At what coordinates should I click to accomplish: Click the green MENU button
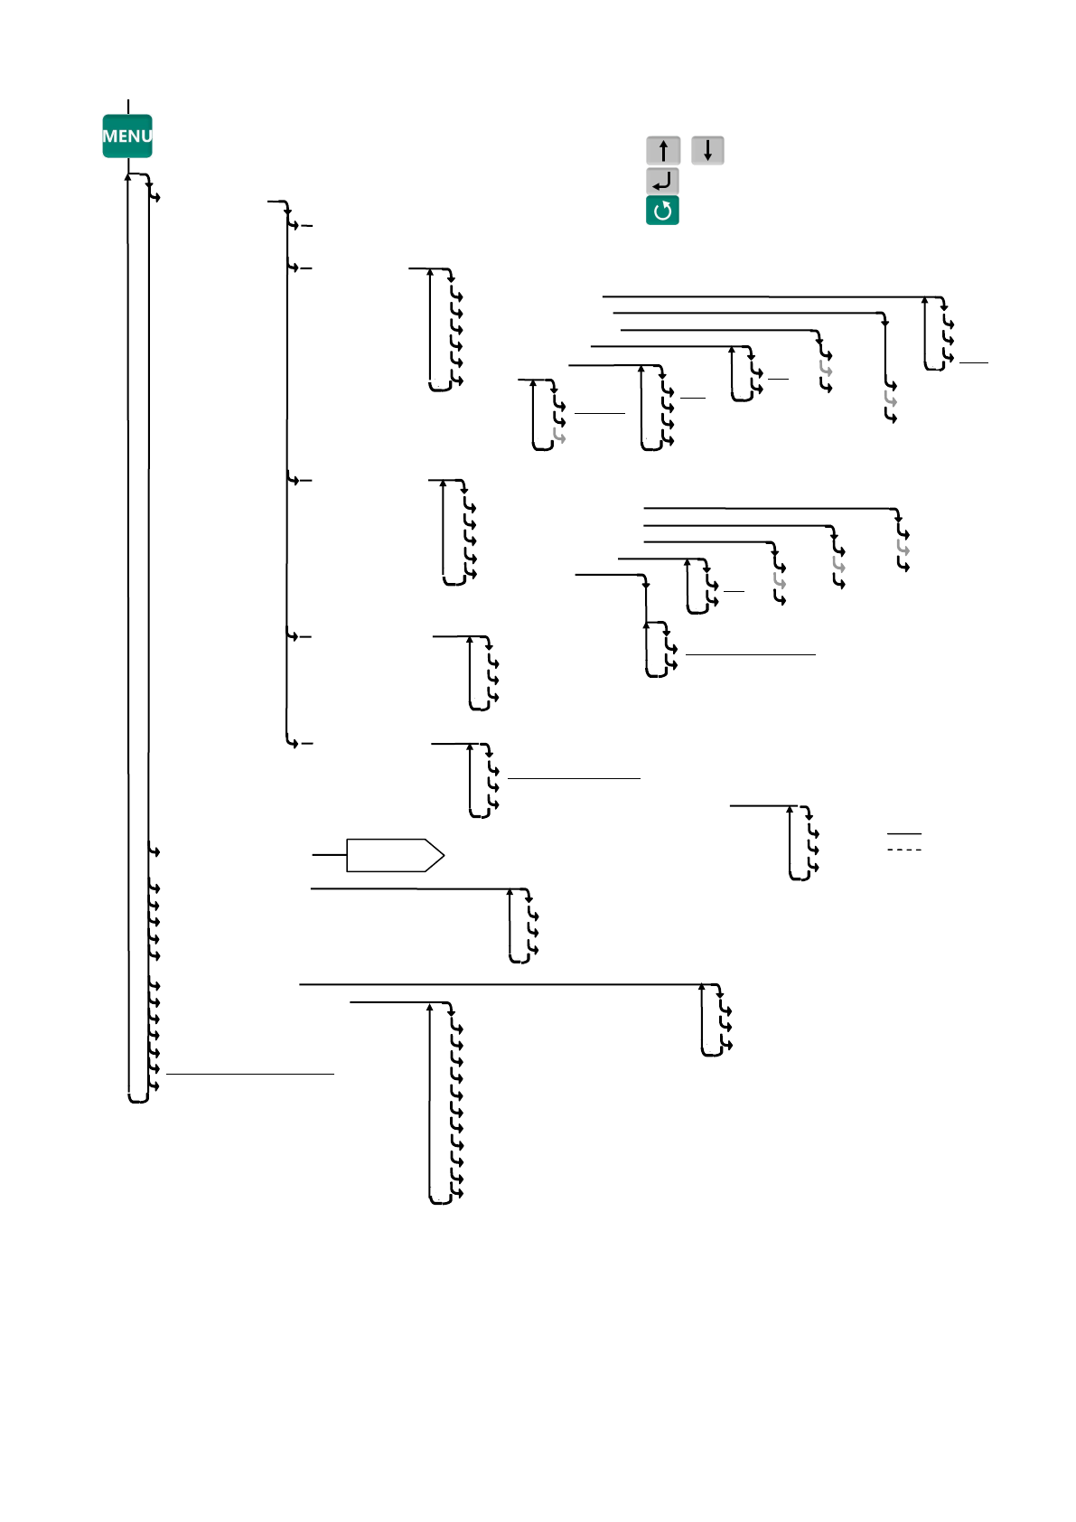(126, 136)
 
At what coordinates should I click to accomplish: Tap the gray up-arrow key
(663, 150)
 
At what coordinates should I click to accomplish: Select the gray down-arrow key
(707, 150)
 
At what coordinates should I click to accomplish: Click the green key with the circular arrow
(662, 211)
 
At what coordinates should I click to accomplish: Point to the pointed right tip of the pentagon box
(443, 855)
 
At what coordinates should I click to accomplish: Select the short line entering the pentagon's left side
(329, 854)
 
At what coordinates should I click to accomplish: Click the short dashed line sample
(904, 850)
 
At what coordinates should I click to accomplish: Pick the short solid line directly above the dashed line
(904, 833)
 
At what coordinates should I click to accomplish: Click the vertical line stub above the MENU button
(128, 107)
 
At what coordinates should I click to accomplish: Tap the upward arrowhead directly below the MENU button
(128, 177)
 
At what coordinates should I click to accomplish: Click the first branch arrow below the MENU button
(154, 196)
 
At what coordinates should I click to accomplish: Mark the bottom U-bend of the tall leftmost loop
(138, 1100)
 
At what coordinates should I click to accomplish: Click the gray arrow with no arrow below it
(559, 437)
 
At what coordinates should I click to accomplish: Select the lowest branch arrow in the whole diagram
(456, 1194)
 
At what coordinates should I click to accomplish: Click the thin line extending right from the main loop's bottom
(250, 1074)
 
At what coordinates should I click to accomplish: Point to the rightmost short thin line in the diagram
(974, 362)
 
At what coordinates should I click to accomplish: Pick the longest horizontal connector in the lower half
(501, 984)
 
